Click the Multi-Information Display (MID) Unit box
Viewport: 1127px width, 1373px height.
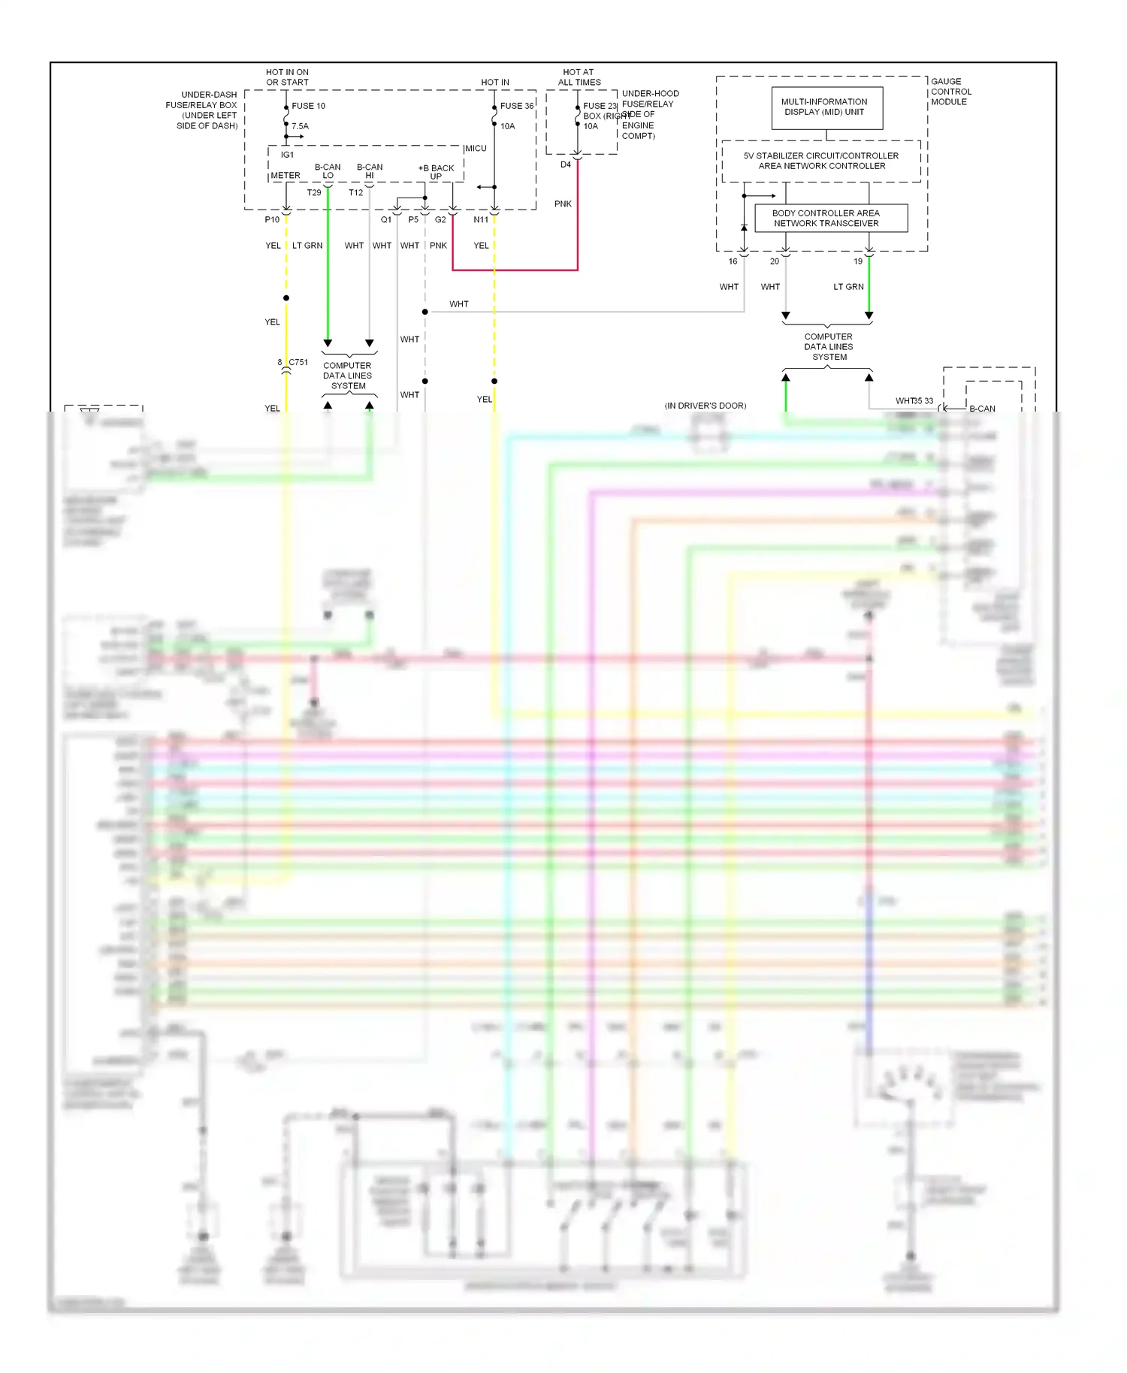826,107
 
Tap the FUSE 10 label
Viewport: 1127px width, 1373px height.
308,106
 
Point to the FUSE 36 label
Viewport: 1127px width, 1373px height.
516,106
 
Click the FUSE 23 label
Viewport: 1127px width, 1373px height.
600,106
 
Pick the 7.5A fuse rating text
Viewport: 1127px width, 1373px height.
300,126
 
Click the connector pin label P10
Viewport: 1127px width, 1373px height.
272,219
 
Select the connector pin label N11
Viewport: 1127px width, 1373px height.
481,219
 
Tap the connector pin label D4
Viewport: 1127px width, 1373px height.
566,164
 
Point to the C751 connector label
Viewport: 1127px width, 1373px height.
298,362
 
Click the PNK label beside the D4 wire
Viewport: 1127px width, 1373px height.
563,204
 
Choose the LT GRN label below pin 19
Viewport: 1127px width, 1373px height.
848,287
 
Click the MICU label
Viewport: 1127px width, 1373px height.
476,149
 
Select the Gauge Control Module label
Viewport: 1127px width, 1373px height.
950,92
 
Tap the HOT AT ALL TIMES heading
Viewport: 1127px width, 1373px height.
579,77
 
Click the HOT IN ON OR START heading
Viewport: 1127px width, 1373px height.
287,77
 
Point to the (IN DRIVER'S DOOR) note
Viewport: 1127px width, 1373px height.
705,406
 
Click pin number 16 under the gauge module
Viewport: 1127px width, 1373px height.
733,261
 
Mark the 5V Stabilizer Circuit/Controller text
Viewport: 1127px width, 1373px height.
821,156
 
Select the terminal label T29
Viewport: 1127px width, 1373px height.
313,193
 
